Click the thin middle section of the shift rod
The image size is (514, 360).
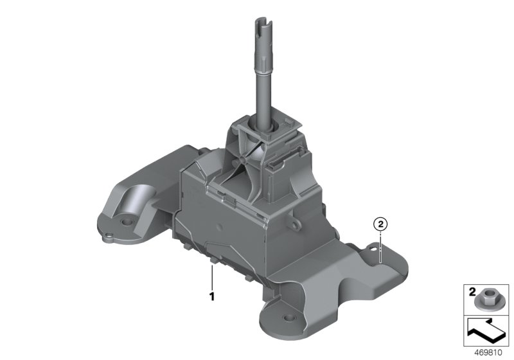[262, 90]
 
